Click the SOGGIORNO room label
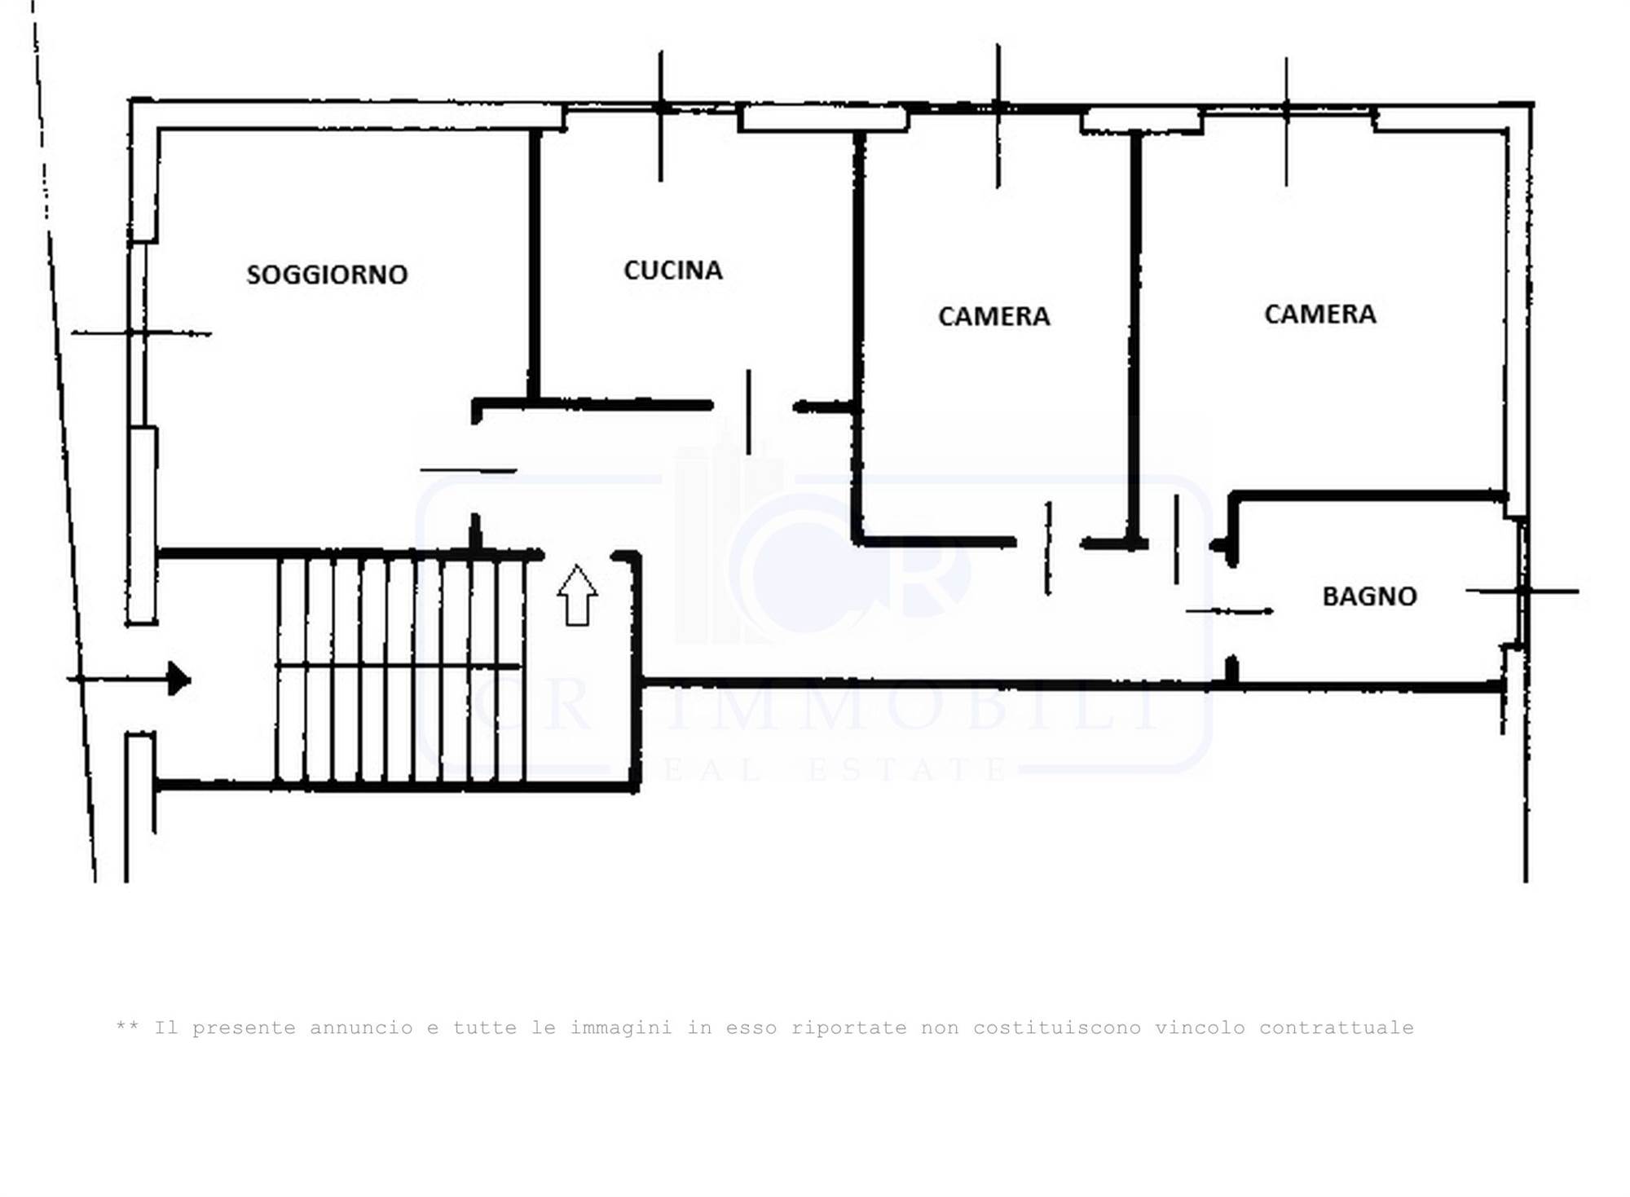tap(327, 275)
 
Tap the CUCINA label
tap(673, 271)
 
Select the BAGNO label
tap(1369, 596)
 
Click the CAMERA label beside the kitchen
tap(993, 316)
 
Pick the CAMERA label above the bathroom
tap(1319, 314)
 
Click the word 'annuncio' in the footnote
tap(361, 1028)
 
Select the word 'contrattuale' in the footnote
tap(1337, 1028)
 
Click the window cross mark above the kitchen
tap(661, 107)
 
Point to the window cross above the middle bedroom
tap(998, 107)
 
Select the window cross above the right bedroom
tap(1286, 108)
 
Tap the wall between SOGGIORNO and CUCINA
tap(535, 266)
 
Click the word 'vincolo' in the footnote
tap(1200, 1028)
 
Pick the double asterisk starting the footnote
tap(127, 1025)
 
